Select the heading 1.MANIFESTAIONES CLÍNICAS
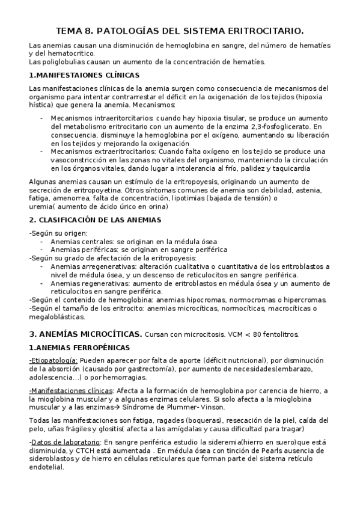84,75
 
